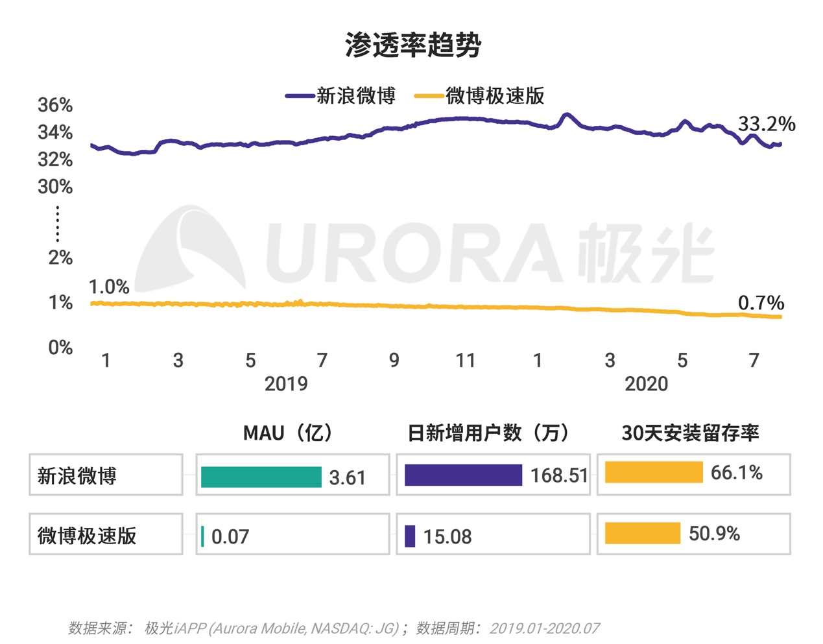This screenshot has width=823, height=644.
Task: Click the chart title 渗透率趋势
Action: pyautogui.click(x=412, y=45)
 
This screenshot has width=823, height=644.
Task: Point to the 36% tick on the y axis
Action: pyautogui.click(x=55, y=105)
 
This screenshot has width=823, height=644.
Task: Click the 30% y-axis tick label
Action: pyautogui.click(x=55, y=187)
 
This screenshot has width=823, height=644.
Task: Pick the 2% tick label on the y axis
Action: pyautogui.click(x=60, y=257)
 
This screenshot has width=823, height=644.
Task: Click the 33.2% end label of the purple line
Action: pyautogui.click(x=767, y=123)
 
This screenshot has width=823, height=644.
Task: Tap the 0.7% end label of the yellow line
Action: pyautogui.click(x=761, y=302)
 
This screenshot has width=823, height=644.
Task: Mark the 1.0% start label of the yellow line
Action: pyautogui.click(x=108, y=287)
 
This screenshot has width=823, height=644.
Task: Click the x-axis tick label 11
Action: pyautogui.click(x=466, y=360)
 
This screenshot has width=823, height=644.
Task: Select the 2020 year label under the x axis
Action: pyautogui.click(x=646, y=384)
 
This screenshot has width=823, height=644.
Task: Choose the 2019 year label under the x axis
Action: pyautogui.click(x=286, y=384)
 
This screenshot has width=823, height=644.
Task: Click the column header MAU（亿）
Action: pyautogui.click(x=290, y=433)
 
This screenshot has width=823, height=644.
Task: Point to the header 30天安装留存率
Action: pyautogui.click(x=690, y=433)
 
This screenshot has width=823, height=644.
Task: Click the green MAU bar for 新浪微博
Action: pyautogui.click(x=261, y=477)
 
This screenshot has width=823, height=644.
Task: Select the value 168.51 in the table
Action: pyautogui.click(x=558, y=476)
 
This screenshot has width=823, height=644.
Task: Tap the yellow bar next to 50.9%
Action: pyautogui.click(x=643, y=533)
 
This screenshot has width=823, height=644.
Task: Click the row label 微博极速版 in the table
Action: pyautogui.click(x=87, y=536)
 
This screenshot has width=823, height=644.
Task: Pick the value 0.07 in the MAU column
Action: pyautogui.click(x=230, y=537)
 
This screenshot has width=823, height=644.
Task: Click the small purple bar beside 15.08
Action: pyautogui.click(x=410, y=536)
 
